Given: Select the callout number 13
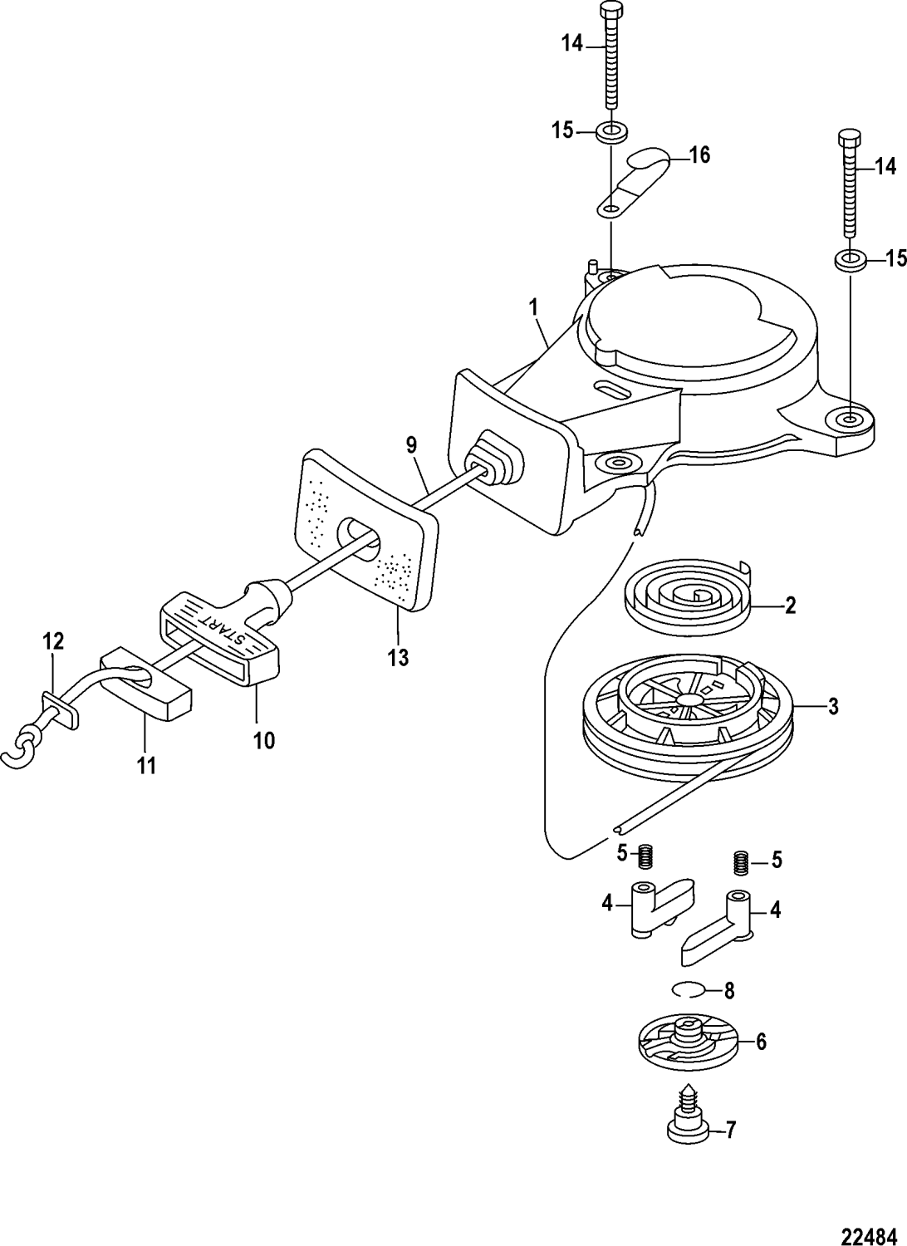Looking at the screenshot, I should [398, 658].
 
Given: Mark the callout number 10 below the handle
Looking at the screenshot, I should [263, 739].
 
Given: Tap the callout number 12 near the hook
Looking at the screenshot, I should [53, 640].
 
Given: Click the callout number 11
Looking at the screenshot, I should [146, 765].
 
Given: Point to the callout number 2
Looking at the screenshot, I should [790, 605].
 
